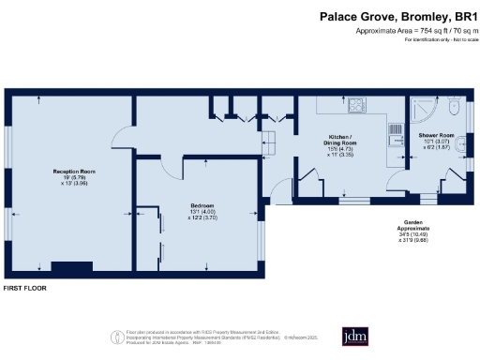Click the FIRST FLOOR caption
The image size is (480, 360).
tap(25, 288)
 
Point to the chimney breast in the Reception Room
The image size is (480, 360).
tap(65, 268)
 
